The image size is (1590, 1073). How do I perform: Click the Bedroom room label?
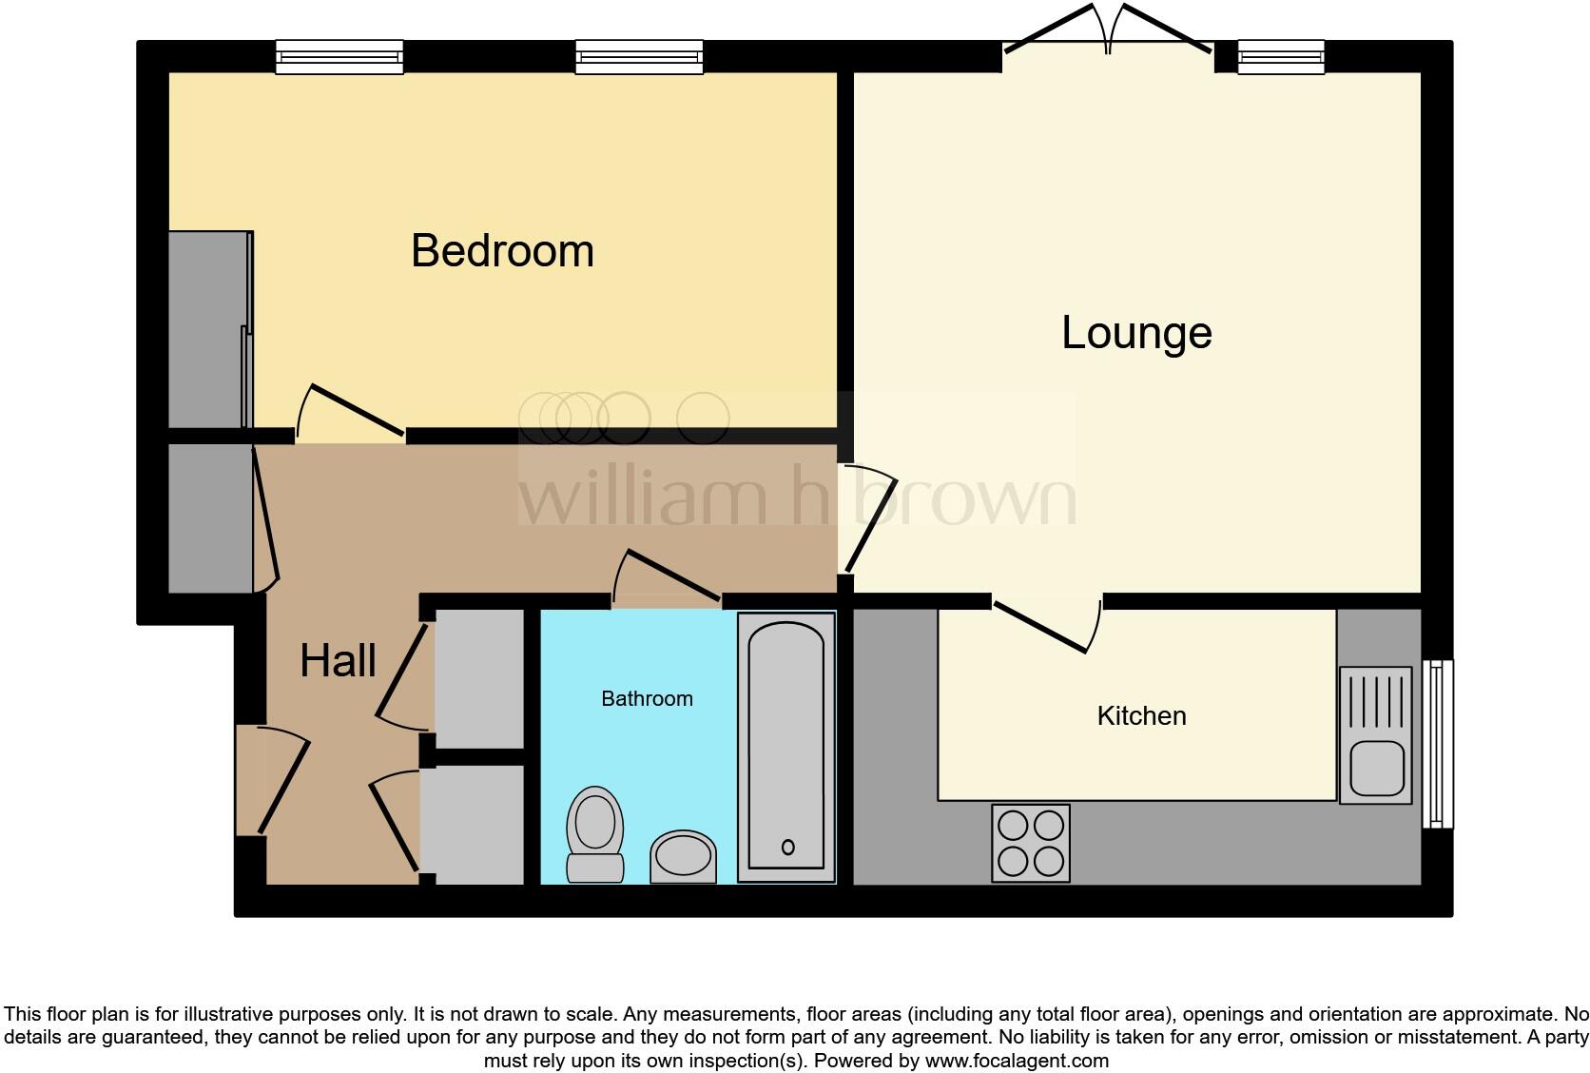point(502,251)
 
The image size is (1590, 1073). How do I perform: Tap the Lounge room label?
point(1136,333)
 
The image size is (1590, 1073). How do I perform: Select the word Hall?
point(338,660)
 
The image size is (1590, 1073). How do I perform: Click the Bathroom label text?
point(647,699)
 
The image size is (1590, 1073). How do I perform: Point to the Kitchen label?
point(1141,716)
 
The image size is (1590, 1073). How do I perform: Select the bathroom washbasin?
point(684,855)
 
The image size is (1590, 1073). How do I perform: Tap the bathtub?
point(786,747)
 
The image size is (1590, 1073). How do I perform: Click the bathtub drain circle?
point(787,848)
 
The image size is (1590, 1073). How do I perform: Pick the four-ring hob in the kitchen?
point(1031,843)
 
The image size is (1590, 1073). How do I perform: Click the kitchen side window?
point(1438,743)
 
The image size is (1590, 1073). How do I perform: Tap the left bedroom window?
point(339,57)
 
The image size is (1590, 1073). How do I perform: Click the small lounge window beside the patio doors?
point(1281,57)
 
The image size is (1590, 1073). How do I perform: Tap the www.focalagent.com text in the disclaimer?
point(1016,1061)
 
